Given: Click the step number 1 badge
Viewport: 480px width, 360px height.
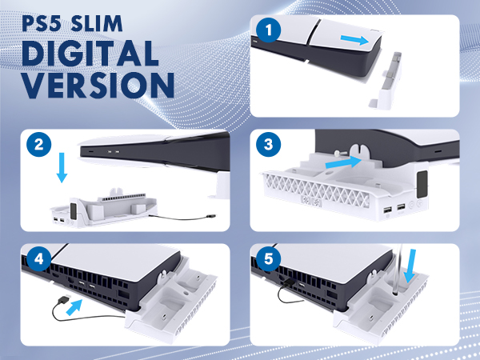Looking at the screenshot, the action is [x=269, y=30].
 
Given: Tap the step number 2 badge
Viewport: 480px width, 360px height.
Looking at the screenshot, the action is [x=39, y=144].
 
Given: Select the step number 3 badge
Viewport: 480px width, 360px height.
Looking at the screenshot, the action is [x=269, y=144].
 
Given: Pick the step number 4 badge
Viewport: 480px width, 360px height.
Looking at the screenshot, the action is [x=39, y=259].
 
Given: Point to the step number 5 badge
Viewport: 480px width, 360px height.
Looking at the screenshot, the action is [x=269, y=259].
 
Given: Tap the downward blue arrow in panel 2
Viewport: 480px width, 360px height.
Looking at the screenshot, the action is [x=62, y=168].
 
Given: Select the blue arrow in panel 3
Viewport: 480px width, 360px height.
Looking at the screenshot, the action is [x=344, y=162].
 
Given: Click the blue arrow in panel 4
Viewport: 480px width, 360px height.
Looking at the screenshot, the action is [x=74, y=307].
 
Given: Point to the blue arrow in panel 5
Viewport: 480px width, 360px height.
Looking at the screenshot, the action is [x=410, y=266].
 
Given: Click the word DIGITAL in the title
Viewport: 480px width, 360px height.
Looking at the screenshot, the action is [x=90, y=54].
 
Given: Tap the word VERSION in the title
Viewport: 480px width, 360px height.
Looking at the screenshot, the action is [x=98, y=85].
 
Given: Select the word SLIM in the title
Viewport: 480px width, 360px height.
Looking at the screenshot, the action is [x=96, y=23].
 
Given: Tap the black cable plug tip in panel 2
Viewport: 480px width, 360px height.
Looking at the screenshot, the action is [x=211, y=217].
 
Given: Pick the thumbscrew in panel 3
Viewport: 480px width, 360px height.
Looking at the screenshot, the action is [x=342, y=152].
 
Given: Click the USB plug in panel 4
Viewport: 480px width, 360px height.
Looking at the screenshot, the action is [x=66, y=298].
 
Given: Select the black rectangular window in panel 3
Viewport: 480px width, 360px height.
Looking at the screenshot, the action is [x=422, y=184].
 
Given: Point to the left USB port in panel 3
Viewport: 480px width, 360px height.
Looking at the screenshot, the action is [x=387, y=210].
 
